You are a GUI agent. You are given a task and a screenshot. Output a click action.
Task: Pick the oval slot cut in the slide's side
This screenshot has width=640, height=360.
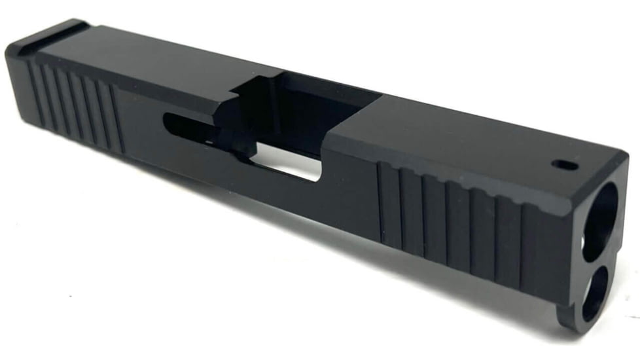coord(190,124)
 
